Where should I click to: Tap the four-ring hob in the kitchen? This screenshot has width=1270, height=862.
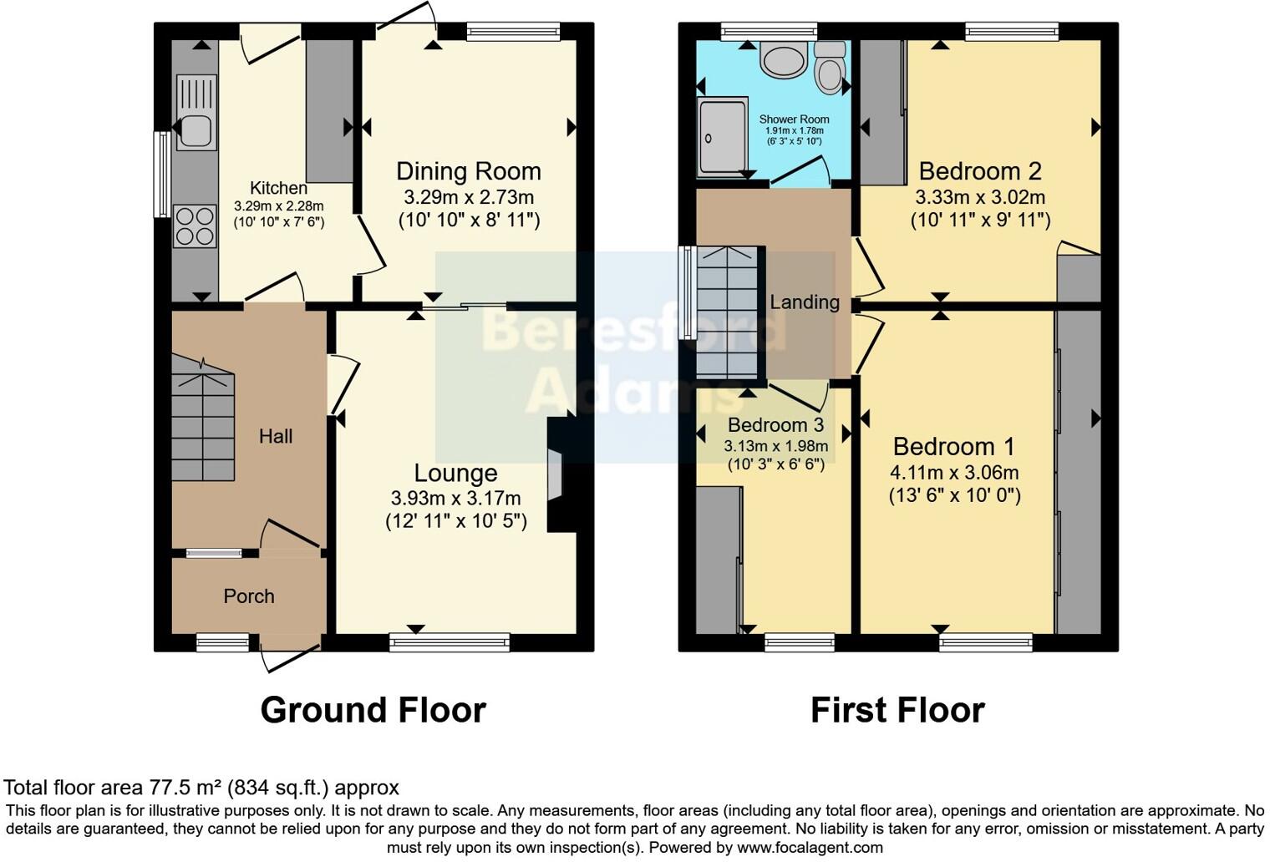195,226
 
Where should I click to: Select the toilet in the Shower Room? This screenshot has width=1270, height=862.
830,68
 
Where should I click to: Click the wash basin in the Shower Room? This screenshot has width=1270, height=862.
784,59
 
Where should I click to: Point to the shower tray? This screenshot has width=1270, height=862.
722,137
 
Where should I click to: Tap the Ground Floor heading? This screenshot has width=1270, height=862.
373,710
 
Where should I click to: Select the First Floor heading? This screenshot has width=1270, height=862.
898,710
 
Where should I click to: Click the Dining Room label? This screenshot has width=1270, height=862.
468,171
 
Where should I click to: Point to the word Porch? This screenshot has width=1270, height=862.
249,596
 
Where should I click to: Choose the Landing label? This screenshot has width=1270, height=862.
805,302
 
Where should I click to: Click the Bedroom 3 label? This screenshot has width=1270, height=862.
775,424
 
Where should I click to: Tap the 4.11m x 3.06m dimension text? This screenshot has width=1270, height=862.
955,472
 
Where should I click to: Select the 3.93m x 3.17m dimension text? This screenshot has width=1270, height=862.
456,498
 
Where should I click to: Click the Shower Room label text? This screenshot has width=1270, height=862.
794,119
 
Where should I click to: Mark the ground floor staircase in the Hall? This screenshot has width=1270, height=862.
203,418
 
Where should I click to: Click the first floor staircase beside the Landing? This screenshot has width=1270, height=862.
727,312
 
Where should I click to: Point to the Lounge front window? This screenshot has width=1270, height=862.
450,642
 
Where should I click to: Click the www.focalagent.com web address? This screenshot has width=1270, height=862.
810,848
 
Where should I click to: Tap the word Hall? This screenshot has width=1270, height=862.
276,436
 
